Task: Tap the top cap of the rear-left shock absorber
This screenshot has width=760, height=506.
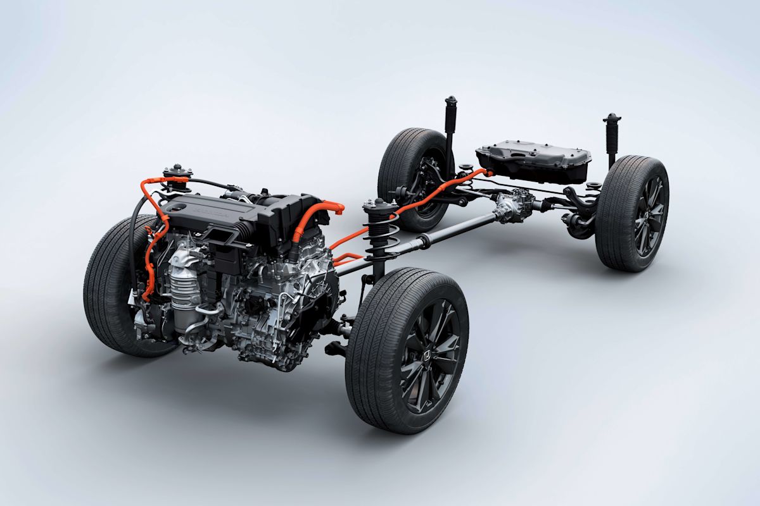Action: click(450, 102)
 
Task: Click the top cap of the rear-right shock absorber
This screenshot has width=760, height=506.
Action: click(612, 119)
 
